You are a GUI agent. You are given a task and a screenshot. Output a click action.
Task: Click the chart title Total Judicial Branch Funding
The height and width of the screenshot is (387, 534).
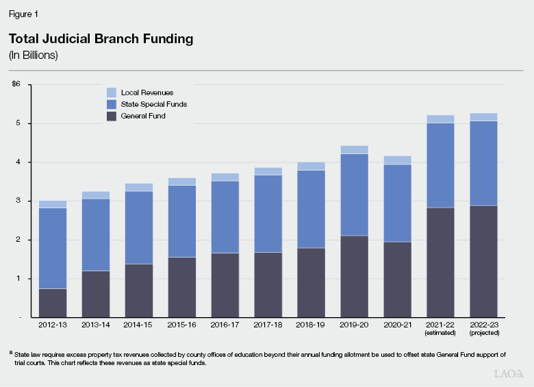point(101,39)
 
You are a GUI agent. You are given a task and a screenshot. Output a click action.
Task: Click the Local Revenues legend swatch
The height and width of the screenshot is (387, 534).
point(111,92)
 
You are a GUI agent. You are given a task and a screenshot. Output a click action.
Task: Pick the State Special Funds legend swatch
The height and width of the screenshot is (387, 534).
point(111,104)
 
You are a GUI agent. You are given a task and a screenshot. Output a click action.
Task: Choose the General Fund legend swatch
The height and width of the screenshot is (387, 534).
point(111,116)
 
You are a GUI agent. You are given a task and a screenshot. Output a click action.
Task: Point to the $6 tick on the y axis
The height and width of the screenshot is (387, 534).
point(16,84)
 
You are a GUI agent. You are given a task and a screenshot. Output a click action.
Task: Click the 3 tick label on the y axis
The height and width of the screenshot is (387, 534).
point(18,201)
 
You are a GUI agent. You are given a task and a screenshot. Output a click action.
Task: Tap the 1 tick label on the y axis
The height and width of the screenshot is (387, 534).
point(18,279)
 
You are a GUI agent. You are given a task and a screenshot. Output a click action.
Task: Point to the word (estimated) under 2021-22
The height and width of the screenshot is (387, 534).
point(440,333)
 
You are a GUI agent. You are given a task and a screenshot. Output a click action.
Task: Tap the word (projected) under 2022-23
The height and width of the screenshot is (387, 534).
point(483,333)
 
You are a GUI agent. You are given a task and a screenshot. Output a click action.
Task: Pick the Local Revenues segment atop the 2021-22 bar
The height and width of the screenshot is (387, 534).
point(440,119)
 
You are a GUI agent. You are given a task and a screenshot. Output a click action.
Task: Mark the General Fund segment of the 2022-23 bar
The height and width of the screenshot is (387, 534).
point(483,261)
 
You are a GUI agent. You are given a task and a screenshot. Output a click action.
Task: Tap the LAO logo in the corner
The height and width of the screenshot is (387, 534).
point(508,374)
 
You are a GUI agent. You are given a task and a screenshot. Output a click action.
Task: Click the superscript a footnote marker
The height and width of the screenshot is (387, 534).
point(12,353)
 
